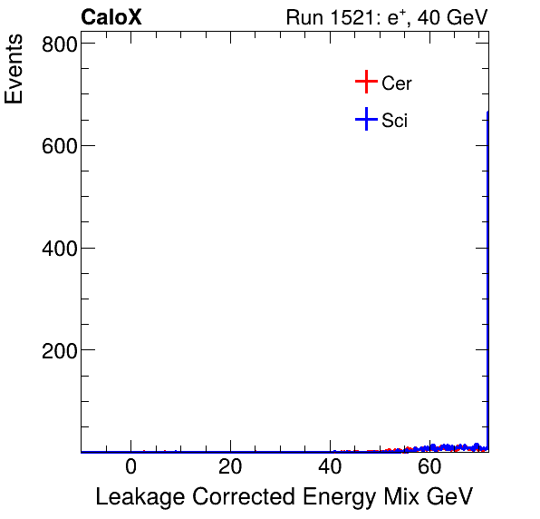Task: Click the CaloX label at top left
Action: [111, 17]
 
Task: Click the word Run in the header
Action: [304, 17]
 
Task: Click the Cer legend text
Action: [397, 83]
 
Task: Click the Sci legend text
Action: [394, 120]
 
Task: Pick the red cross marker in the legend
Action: [365, 82]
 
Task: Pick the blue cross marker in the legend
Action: [365, 119]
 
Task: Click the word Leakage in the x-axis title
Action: [135, 497]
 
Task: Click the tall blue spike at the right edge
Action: [487, 272]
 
